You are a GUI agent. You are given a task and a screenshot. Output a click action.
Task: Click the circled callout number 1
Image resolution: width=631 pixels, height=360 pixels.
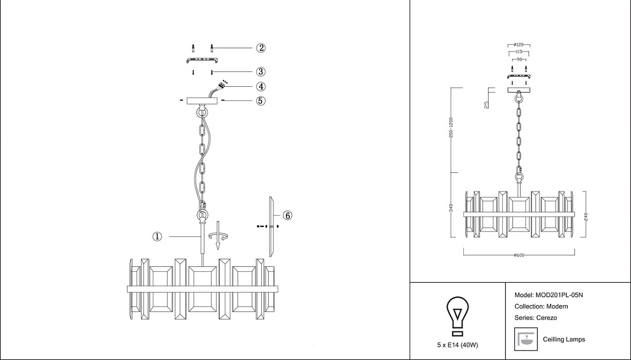pos(157,236)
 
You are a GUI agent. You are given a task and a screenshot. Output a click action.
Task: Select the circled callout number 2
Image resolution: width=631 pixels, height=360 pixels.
pos(261,48)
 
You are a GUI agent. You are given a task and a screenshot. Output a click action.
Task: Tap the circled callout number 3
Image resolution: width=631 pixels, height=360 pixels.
pos(261,71)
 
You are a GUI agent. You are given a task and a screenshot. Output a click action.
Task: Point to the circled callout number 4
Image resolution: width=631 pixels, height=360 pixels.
pos(261,87)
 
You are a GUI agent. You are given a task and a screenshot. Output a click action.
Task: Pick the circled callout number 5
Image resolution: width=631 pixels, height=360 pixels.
pos(261,100)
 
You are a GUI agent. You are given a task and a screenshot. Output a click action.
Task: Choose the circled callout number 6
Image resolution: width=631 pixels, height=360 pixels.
pos(287,215)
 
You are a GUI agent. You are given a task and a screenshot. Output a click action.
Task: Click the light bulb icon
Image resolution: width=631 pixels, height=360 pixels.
pos(457,315)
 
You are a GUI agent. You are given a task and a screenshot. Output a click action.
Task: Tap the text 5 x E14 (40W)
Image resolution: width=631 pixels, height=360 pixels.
pos(457,345)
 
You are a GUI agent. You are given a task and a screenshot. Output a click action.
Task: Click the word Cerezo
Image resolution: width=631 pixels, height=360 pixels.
pos(547,318)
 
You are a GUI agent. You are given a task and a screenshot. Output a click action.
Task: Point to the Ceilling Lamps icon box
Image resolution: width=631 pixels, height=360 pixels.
pos(525,339)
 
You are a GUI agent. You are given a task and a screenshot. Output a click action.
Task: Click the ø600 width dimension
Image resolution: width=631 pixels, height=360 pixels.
pos(520,255)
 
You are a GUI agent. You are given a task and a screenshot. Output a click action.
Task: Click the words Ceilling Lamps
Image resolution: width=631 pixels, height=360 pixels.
pos(564,340)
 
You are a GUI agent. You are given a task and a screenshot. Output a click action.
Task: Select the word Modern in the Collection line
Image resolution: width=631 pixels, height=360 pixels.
pos(557,306)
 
